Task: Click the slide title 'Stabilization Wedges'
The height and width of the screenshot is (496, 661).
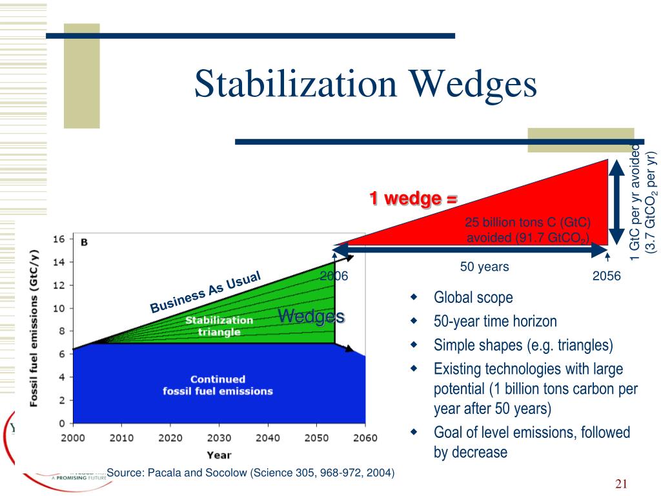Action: point(365,85)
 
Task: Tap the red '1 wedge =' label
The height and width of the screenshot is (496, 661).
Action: point(413,199)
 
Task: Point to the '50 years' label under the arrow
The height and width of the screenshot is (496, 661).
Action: point(484,266)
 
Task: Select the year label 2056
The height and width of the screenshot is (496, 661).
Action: point(606,276)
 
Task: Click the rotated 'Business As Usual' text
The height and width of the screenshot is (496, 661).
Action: point(205,292)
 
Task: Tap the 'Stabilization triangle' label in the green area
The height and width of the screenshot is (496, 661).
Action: point(219,325)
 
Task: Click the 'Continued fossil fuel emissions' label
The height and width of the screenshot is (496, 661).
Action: point(218,385)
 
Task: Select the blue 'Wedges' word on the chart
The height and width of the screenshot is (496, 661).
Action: point(310,316)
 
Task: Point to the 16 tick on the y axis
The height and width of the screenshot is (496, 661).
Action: point(59,238)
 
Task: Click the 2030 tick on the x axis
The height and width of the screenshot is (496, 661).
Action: point(219,437)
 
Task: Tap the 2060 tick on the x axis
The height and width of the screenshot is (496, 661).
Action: point(365,437)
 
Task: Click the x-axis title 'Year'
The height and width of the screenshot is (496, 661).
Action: point(218,455)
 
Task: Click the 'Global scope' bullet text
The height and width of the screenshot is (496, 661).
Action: point(473,298)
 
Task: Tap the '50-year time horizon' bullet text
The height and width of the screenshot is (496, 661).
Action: point(495,321)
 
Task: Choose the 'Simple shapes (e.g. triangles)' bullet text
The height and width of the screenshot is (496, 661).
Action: point(523,345)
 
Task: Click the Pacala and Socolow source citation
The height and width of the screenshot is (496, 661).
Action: point(250,473)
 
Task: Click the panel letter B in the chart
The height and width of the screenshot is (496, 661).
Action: point(84,242)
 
